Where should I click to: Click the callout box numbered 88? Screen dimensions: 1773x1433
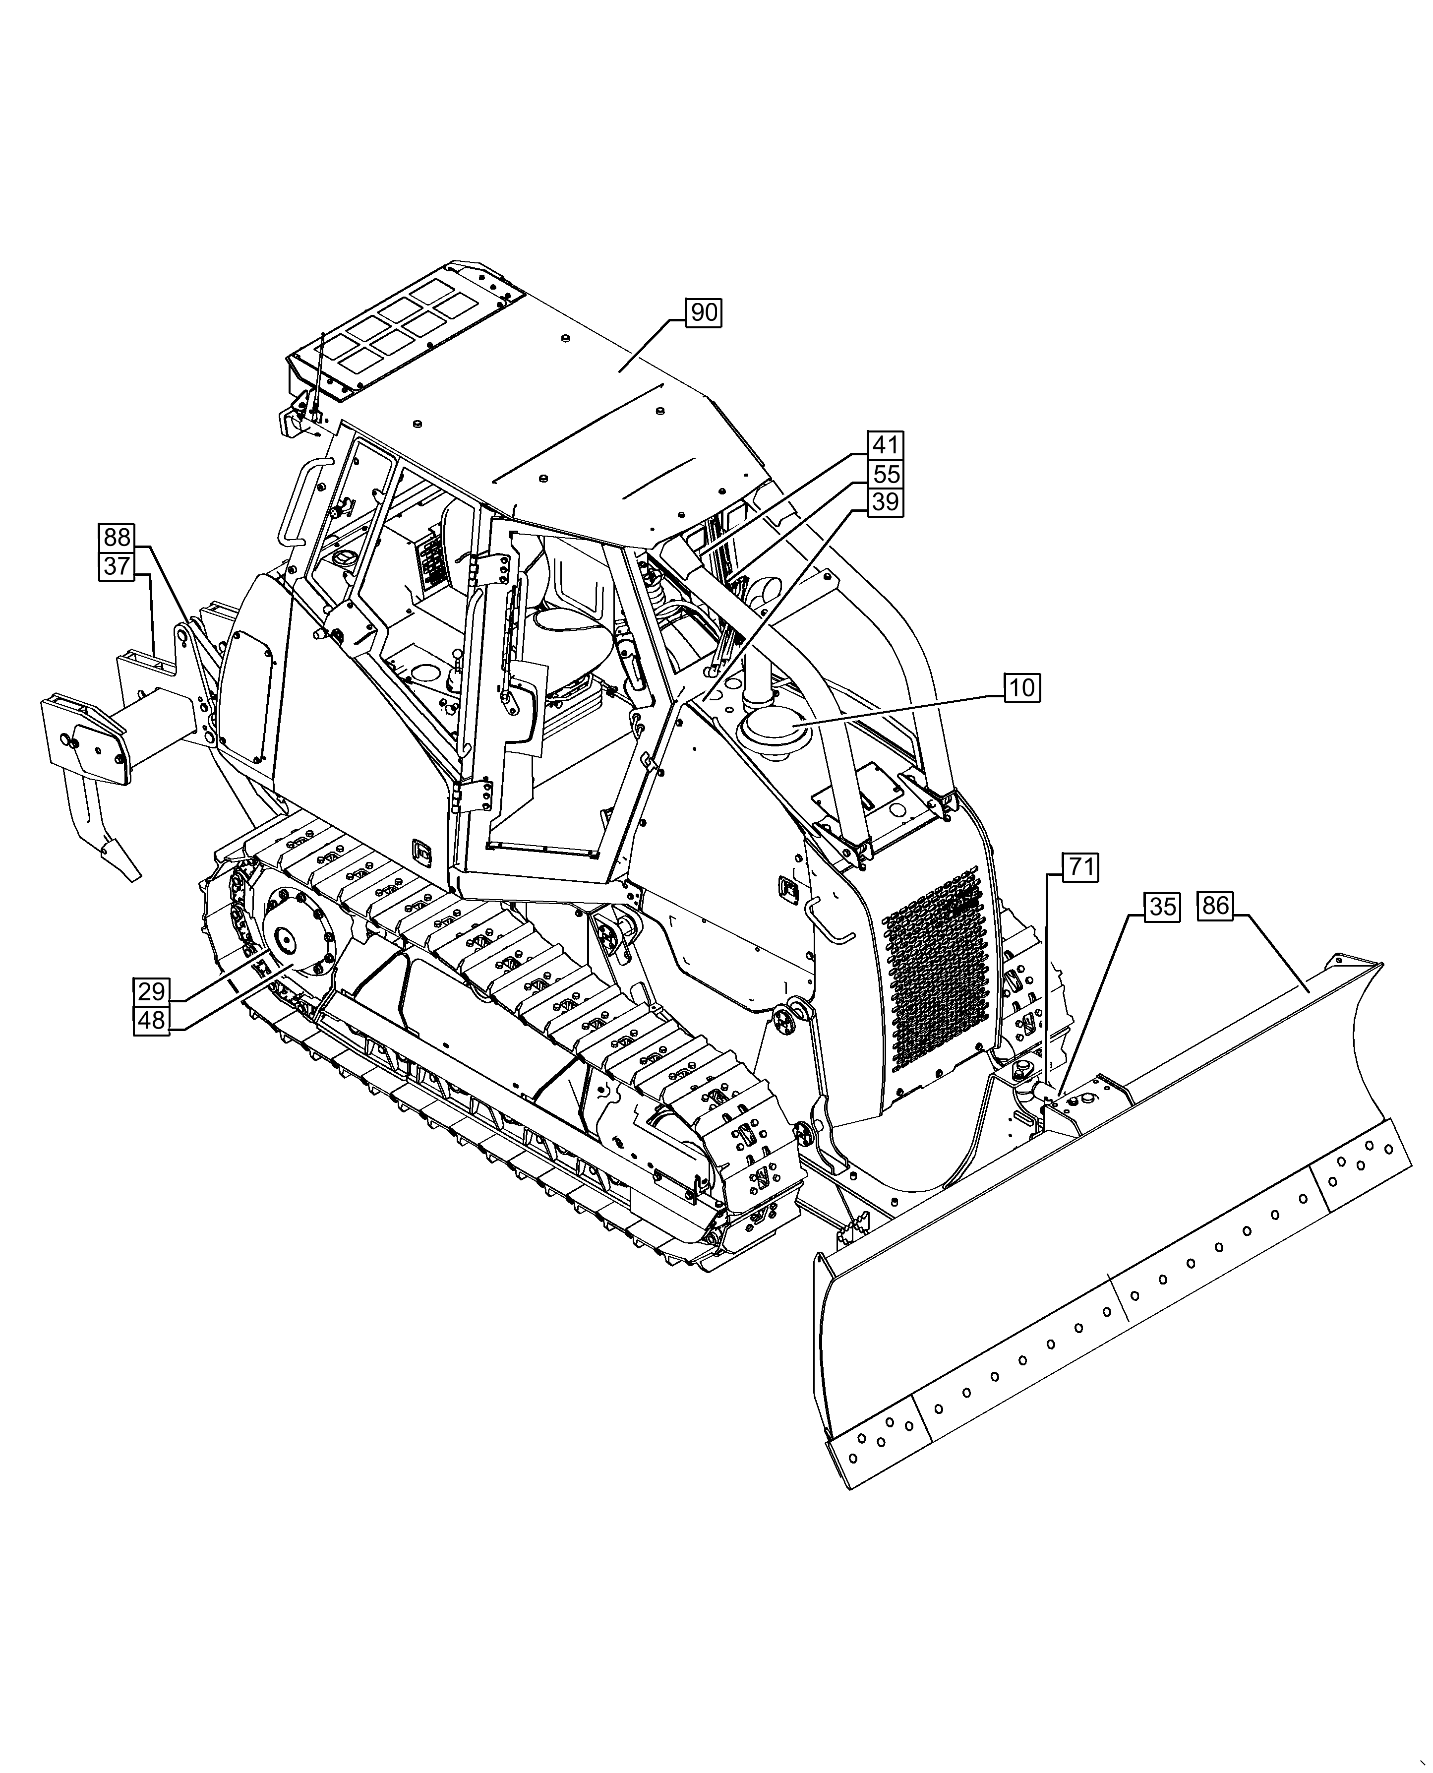pyautogui.click(x=117, y=538)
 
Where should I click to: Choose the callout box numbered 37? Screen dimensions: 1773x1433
pyautogui.click(x=117, y=566)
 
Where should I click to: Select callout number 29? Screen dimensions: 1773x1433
pyautogui.click(x=151, y=991)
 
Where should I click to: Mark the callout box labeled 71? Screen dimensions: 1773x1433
pyautogui.click(x=1080, y=867)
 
